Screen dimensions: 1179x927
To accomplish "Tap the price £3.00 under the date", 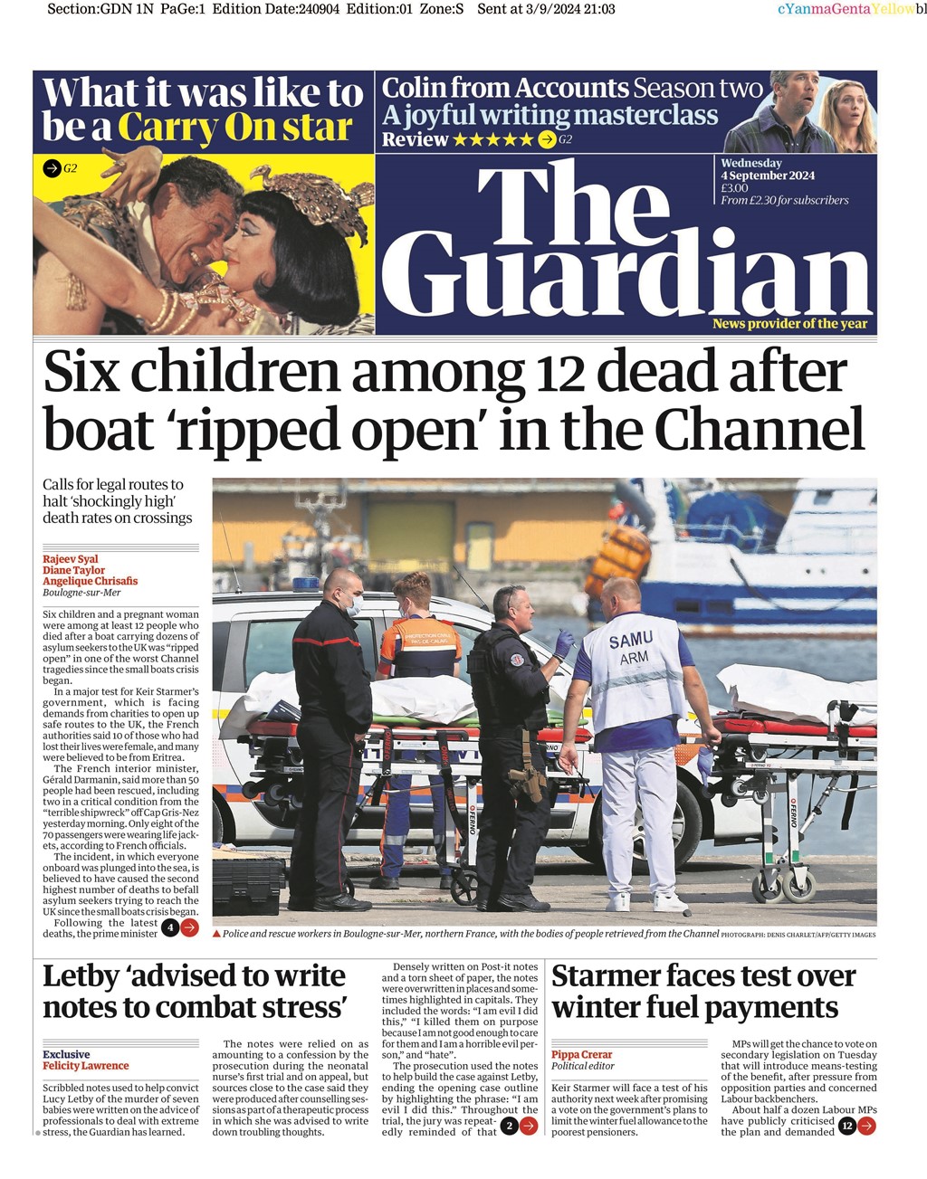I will pyautogui.click(x=734, y=188).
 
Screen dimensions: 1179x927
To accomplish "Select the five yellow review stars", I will pyautogui.click(x=492, y=139).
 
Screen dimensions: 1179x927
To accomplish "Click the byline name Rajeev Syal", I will pyautogui.click(x=71, y=559).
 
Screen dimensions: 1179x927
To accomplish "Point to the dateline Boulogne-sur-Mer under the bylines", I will pyautogui.click(x=81, y=593).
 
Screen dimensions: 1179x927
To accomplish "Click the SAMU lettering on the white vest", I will pyautogui.click(x=630, y=641).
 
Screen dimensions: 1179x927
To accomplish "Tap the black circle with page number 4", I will pyautogui.click(x=169, y=927).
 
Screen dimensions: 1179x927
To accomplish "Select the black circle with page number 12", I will pyautogui.click(x=846, y=1126).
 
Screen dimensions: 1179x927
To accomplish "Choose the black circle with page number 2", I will pyautogui.click(x=509, y=1126).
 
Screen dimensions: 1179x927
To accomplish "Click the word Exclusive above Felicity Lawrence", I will pyautogui.click(x=66, y=1054).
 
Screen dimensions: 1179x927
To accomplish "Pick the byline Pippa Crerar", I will pyautogui.click(x=582, y=1054).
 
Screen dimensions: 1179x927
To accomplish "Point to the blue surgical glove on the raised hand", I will pyautogui.click(x=564, y=642).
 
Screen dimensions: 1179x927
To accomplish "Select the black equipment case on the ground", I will pyautogui.click(x=248, y=886).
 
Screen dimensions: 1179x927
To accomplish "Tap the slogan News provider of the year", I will pyautogui.click(x=789, y=324).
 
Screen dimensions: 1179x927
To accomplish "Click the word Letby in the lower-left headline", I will pyautogui.click(x=81, y=976).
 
